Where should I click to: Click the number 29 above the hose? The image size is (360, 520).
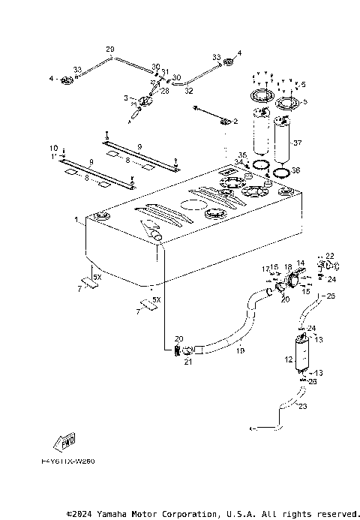[109, 50]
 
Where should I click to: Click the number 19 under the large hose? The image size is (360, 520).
[241, 350]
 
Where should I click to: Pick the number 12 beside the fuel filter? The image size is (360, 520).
[287, 359]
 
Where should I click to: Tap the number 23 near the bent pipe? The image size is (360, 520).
[302, 408]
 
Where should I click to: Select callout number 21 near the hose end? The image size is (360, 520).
[187, 362]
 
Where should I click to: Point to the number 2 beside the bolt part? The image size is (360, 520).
[235, 120]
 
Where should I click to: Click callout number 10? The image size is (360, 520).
[53, 147]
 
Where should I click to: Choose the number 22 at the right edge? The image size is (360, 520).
[330, 256]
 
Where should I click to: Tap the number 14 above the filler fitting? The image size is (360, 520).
[300, 263]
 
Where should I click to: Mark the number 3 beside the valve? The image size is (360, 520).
[125, 98]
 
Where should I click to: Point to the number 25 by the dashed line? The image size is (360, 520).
[331, 297]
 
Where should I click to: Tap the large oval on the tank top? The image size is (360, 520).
[193, 205]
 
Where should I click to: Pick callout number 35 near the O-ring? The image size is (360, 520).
[241, 155]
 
